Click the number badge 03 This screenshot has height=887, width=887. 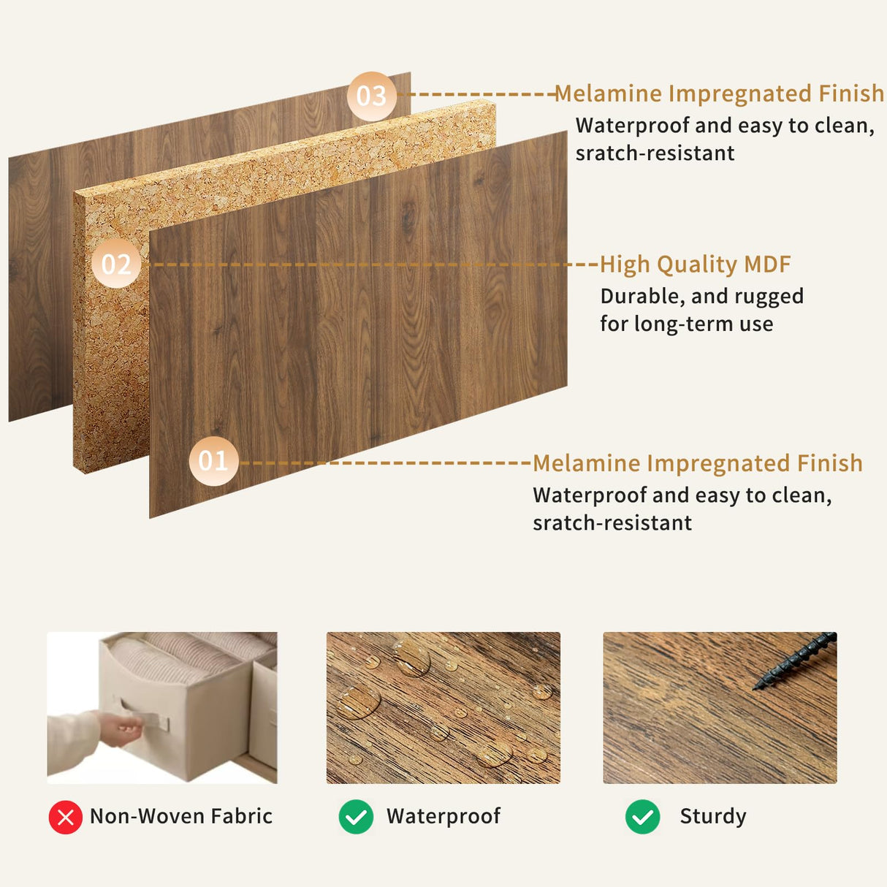[371, 96]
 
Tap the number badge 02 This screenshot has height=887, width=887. [116, 264]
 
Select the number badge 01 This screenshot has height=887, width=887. [213, 461]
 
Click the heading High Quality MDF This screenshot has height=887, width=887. [695, 264]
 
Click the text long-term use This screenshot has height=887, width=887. [704, 324]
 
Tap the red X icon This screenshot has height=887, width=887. [65, 817]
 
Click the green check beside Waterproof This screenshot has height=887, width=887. [356, 817]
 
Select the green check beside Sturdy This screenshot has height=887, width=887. [642, 817]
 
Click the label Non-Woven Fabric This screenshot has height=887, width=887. [181, 816]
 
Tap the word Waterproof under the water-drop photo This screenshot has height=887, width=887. [444, 817]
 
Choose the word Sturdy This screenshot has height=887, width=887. [713, 817]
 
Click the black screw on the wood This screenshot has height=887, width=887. [795, 661]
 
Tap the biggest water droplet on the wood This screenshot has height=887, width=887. [358, 702]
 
